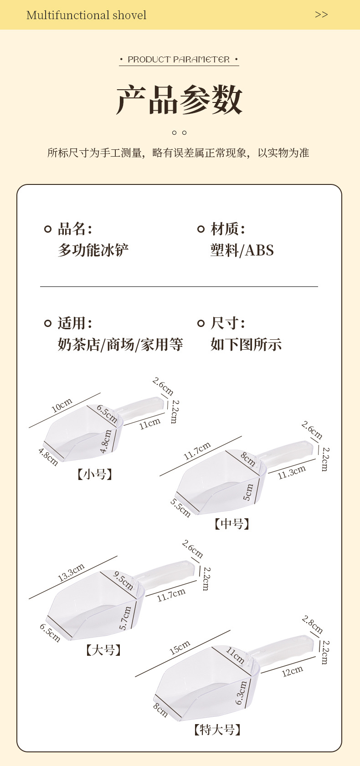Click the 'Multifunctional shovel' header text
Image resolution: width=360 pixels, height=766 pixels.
(x=87, y=15)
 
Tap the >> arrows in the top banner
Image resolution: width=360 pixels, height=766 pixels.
(x=321, y=15)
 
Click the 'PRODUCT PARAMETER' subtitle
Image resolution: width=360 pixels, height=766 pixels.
(x=179, y=60)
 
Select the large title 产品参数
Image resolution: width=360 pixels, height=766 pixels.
(x=179, y=99)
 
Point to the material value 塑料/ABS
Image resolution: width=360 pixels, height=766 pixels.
(x=242, y=250)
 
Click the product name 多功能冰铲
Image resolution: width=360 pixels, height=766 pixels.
(x=93, y=250)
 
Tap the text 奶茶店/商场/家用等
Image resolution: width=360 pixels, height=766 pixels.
(x=120, y=344)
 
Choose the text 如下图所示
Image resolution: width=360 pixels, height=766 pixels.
(x=246, y=344)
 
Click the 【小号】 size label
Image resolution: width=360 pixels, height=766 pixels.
(x=95, y=475)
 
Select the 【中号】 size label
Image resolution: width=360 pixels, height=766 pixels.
(x=232, y=524)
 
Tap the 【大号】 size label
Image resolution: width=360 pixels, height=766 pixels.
(x=104, y=649)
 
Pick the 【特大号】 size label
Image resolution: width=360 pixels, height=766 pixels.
(x=217, y=730)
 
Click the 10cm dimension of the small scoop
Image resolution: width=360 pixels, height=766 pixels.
(x=62, y=405)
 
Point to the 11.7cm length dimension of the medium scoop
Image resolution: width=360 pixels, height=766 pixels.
(x=197, y=451)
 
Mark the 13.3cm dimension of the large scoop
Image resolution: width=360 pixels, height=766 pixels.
(x=71, y=572)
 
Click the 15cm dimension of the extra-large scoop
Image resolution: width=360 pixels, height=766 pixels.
(x=180, y=648)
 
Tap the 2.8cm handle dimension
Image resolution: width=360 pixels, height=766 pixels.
(x=312, y=624)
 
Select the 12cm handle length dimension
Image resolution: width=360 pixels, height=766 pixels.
(x=293, y=671)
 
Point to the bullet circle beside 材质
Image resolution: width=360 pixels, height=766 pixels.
(x=201, y=229)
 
